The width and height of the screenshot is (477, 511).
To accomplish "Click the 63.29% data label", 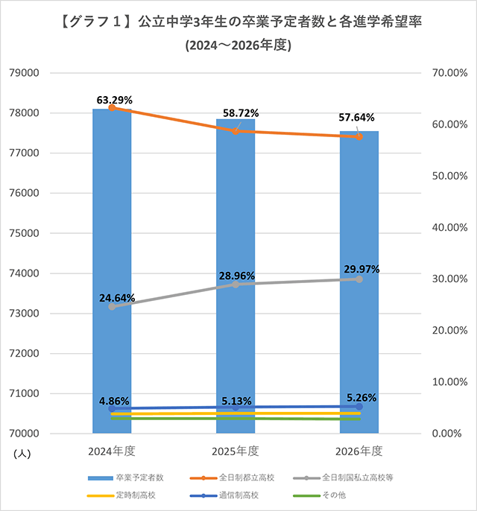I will (115, 98).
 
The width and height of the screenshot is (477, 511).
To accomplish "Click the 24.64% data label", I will (117, 298).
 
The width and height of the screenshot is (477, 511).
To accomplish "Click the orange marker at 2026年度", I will (359, 136).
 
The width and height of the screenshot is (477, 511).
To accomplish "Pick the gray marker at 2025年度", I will (236, 285).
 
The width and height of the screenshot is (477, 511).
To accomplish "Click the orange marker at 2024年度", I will (112, 108).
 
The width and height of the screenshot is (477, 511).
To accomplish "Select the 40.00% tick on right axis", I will (449, 227).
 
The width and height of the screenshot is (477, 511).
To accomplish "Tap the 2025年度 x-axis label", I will (236, 451).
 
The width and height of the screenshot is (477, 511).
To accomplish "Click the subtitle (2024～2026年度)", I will (238, 45).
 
